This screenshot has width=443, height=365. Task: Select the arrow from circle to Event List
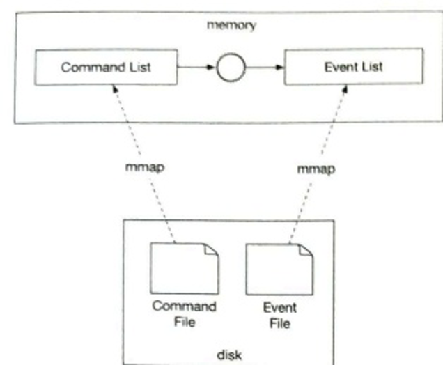tap(266, 68)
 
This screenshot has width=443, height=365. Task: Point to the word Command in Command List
tap(88, 68)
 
